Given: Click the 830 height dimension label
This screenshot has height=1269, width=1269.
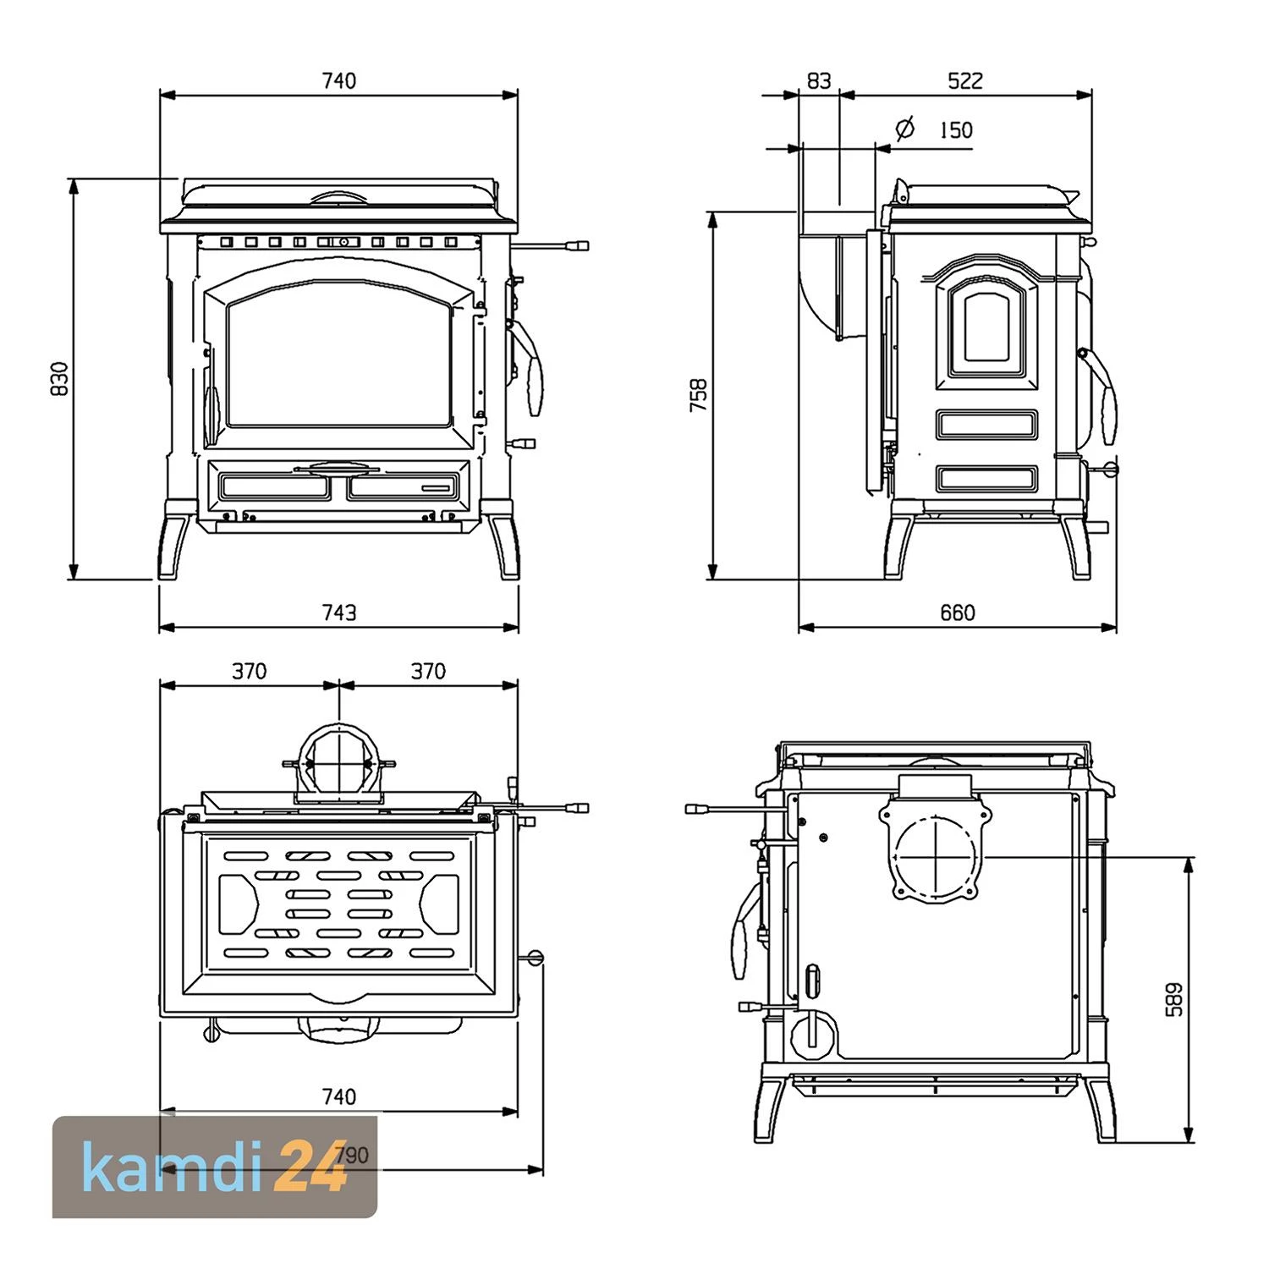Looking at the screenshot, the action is pos(59,379).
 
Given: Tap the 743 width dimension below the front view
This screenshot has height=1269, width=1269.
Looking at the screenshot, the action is pos(339,612).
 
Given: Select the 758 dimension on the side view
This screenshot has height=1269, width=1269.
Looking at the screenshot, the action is pos(699,395).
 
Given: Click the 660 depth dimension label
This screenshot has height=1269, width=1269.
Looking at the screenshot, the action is pos(958,612).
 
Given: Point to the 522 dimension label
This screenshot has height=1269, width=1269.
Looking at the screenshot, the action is pos(965,80).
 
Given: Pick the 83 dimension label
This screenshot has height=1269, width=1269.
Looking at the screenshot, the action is pos(819,80).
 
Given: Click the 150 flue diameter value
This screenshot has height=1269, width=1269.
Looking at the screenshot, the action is pos(956,129).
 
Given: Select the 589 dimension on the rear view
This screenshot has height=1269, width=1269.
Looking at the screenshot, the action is pos(1174,999).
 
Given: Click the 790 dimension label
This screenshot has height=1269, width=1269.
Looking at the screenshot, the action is pos(352,1155).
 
